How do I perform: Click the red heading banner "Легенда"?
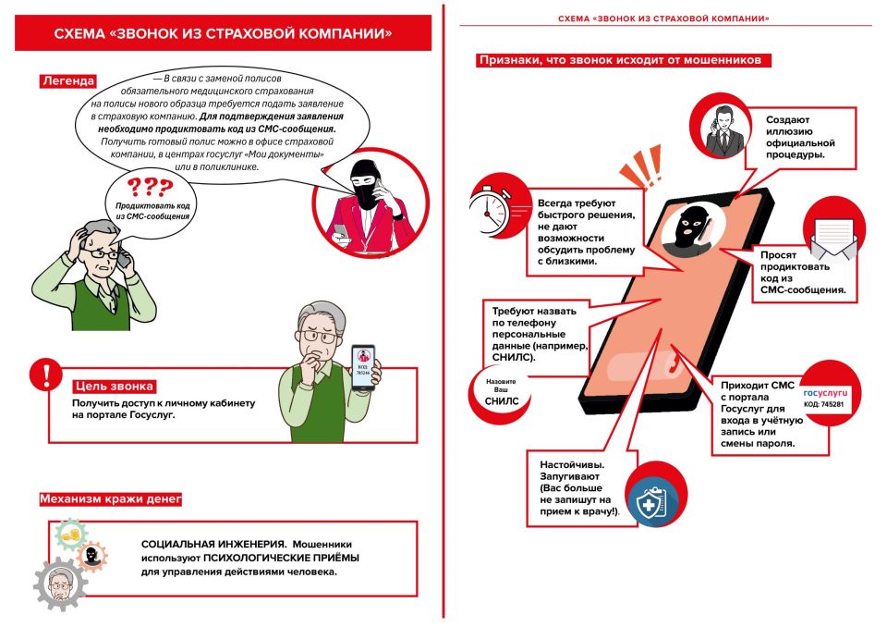coord(67,80)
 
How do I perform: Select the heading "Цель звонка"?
coord(114,386)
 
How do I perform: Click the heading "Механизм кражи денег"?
coord(110,499)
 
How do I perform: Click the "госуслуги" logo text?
coord(824,392)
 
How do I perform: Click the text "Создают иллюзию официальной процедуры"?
coord(800,137)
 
